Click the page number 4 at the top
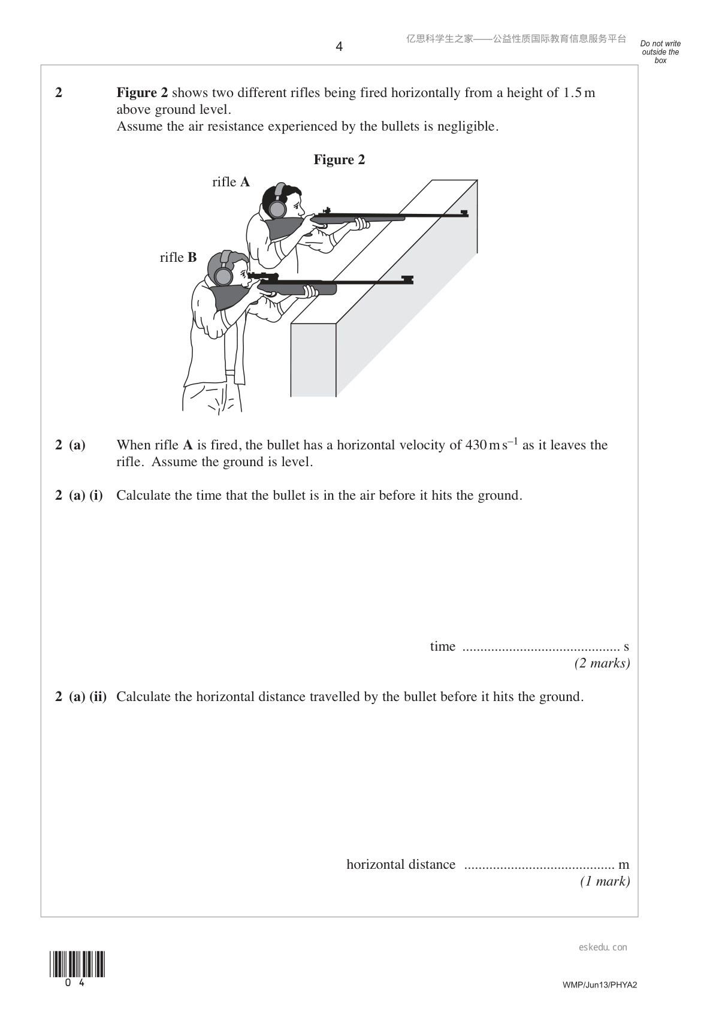pos(339,47)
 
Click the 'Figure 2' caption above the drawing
pos(339,159)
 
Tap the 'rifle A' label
pos(231,182)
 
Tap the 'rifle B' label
pos(179,257)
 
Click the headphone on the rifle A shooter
pos(277,205)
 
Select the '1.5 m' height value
pos(579,93)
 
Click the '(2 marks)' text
pos(602,663)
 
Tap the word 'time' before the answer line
pos(443,647)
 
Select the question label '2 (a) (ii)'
pos(81,697)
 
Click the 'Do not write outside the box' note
pos(660,52)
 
